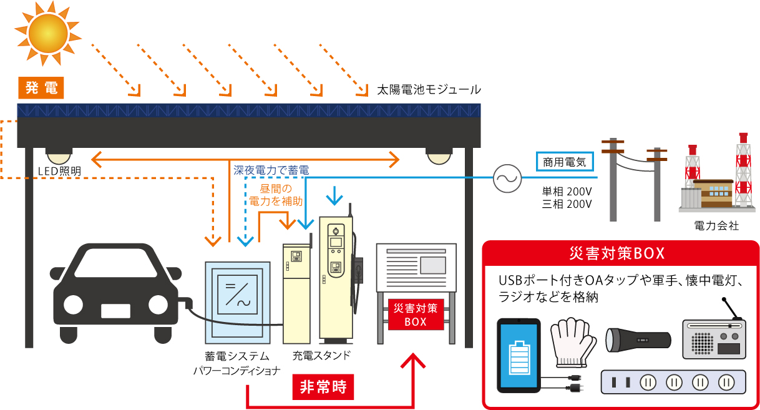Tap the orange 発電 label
point(42,88)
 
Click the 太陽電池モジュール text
point(428,90)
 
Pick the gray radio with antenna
point(713,338)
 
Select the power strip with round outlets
point(673,381)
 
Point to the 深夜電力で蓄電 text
point(271,170)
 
